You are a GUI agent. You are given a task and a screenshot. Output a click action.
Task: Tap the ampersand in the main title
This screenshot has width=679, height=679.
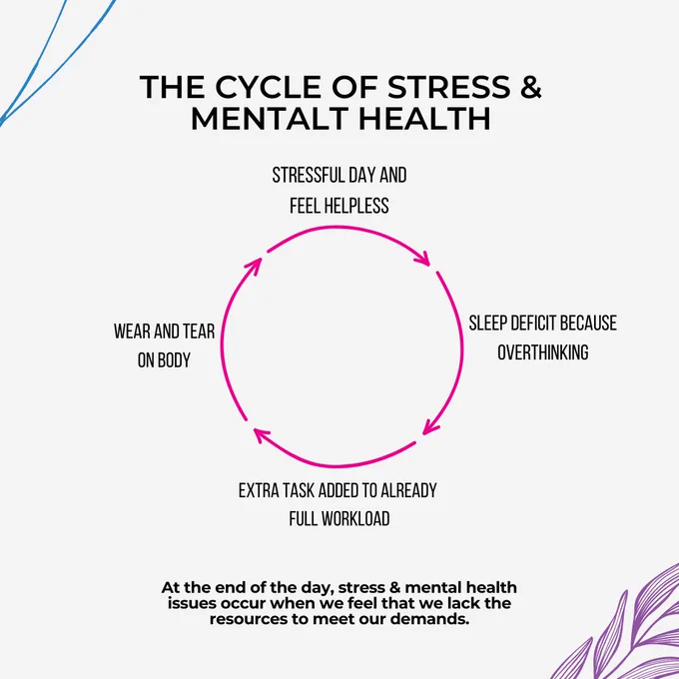pyautogui.click(x=530, y=87)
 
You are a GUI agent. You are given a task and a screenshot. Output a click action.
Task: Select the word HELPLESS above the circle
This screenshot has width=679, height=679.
pyautogui.click(x=357, y=206)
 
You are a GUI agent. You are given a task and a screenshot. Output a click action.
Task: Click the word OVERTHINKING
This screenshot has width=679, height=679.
pyautogui.click(x=542, y=352)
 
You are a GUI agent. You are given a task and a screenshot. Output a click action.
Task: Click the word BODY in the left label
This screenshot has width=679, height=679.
pyautogui.click(x=174, y=359)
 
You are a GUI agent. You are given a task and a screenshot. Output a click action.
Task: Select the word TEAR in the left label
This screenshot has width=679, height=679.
pyautogui.click(x=199, y=332)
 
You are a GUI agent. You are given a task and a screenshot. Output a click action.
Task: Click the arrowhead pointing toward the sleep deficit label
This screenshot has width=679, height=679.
pyautogui.click(x=422, y=258)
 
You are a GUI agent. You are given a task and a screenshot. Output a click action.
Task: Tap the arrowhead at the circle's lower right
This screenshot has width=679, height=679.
pyautogui.click(x=430, y=427)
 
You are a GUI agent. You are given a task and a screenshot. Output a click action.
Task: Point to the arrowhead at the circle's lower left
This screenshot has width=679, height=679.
pyautogui.click(x=262, y=434)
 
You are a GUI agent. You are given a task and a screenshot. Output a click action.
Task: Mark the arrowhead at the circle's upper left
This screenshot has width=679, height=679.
pyautogui.click(x=254, y=266)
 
